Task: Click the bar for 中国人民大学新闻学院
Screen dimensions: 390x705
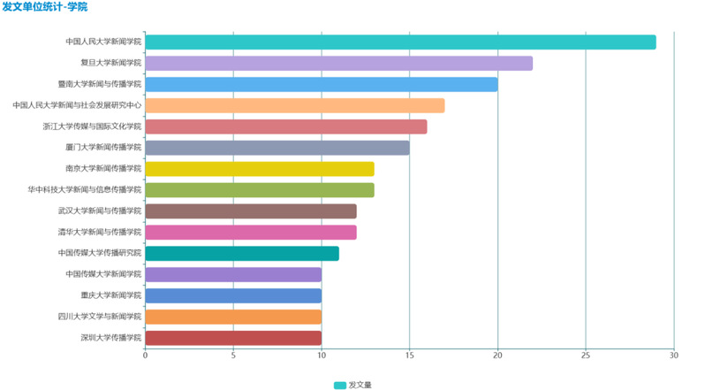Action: (400, 42)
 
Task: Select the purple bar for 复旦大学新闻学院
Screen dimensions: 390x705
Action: (338, 63)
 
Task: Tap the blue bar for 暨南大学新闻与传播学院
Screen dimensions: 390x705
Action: (321, 84)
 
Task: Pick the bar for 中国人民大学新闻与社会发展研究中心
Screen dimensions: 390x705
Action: (294, 105)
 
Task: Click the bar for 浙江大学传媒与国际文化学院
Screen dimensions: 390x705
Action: (285, 126)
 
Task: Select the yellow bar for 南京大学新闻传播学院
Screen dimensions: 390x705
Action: (259, 169)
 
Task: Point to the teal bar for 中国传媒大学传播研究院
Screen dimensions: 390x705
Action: (241, 254)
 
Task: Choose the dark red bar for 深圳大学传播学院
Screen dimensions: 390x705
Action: (232, 338)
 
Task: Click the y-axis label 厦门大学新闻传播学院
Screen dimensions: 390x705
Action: (102, 148)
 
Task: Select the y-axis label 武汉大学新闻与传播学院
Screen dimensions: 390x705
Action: (99, 211)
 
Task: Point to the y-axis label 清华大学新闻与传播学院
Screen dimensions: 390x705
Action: (99, 233)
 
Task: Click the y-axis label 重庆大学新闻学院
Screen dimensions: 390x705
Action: (110, 295)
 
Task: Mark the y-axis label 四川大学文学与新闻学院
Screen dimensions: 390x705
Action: (99, 317)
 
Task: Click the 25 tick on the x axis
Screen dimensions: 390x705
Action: (585, 356)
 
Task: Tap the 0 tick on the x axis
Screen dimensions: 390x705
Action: (145, 356)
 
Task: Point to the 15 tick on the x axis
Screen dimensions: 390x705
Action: (409, 356)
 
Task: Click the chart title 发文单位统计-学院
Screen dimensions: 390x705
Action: (45, 7)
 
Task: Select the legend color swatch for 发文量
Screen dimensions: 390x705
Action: (339, 385)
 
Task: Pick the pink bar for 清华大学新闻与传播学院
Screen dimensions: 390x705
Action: (250, 233)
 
